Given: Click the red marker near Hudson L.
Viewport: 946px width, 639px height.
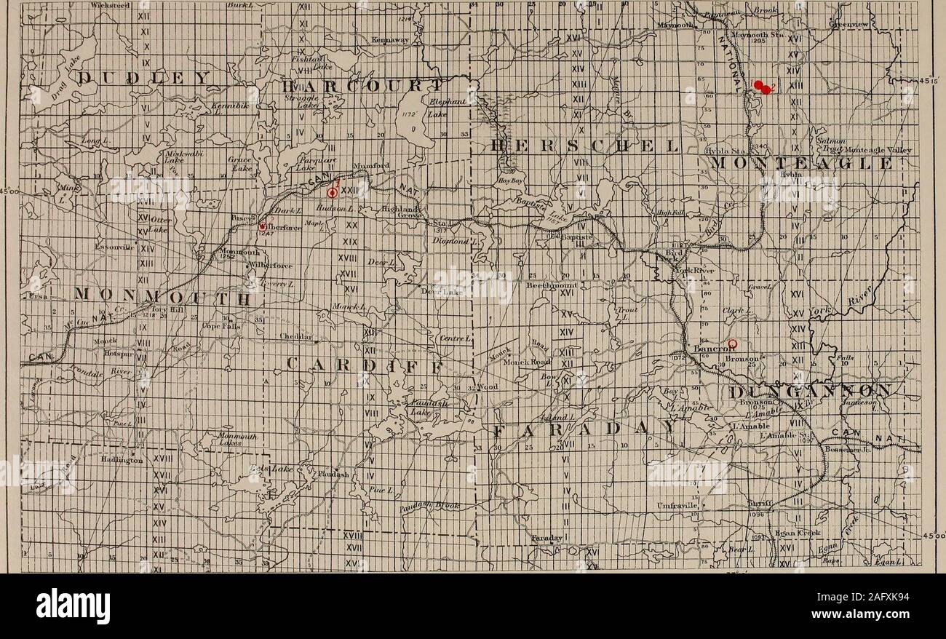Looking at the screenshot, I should point(333,193).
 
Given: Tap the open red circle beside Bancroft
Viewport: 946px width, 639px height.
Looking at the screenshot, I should point(733,343).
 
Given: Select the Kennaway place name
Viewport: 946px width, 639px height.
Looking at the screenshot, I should point(389,39).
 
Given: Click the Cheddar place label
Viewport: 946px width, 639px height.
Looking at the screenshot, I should point(295,336).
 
